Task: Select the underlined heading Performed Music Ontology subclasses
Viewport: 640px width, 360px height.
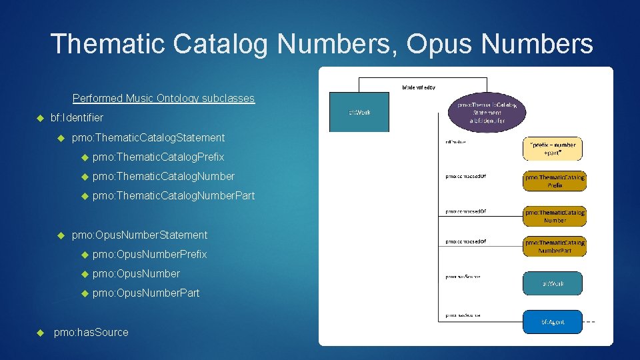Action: pos(163,98)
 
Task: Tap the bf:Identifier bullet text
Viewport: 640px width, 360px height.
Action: pos(77,117)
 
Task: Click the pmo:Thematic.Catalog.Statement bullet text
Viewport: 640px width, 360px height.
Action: pos(148,137)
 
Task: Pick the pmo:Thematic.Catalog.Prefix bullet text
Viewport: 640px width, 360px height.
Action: pos(158,157)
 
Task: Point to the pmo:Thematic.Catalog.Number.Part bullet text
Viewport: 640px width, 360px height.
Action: pos(173,195)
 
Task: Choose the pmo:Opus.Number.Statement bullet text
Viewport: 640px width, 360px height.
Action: pos(139,235)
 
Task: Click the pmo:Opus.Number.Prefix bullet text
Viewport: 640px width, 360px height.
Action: pos(149,254)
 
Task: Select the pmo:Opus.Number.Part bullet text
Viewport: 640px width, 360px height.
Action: pos(146,293)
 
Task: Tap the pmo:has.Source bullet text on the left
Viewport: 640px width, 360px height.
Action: pos(91,332)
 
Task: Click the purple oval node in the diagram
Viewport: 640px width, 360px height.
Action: pos(488,111)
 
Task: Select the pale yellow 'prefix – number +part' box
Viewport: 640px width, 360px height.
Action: pos(552,148)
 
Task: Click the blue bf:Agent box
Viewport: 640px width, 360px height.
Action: pos(553,321)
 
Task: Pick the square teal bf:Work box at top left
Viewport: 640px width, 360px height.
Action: pos(359,111)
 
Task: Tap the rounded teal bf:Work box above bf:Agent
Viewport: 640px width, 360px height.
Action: pos(553,283)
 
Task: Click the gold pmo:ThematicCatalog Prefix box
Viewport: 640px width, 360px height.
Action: pos(555,181)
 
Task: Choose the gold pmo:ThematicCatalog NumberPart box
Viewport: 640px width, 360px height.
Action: pos(555,246)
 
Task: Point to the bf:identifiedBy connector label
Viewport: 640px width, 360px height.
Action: pos(418,87)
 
